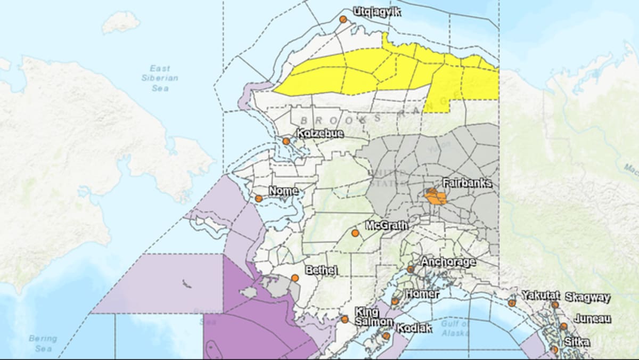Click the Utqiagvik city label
coord(377,11)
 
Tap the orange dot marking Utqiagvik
coord(343,19)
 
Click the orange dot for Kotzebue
coord(286,142)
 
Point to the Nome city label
coord(283,191)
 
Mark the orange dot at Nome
coord(259,199)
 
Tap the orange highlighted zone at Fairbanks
coord(436,197)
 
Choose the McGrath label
coord(387,225)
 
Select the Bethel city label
coord(321,271)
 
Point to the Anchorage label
coord(448,261)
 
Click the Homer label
coord(422,294)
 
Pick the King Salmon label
coord(374,316)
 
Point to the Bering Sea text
coord(43,343)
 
